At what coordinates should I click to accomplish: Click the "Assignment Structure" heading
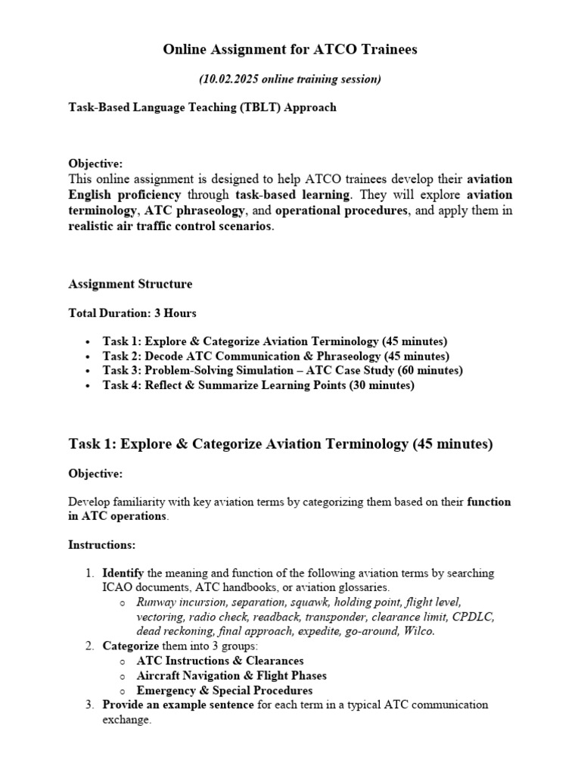(x=130, y=285)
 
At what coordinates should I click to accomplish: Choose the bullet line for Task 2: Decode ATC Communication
(x=275, y=356)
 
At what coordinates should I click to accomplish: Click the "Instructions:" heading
(x=102, y=545)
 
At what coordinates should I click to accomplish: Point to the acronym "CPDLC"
(x=473, y=617)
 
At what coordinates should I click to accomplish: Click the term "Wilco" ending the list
(x=418, y=631)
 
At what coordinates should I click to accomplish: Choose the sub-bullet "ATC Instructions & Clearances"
(x=220, y=661)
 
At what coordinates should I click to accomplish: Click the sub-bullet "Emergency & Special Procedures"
(x=224, y=690)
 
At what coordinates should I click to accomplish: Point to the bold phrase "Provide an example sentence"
(x=179, y=705)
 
